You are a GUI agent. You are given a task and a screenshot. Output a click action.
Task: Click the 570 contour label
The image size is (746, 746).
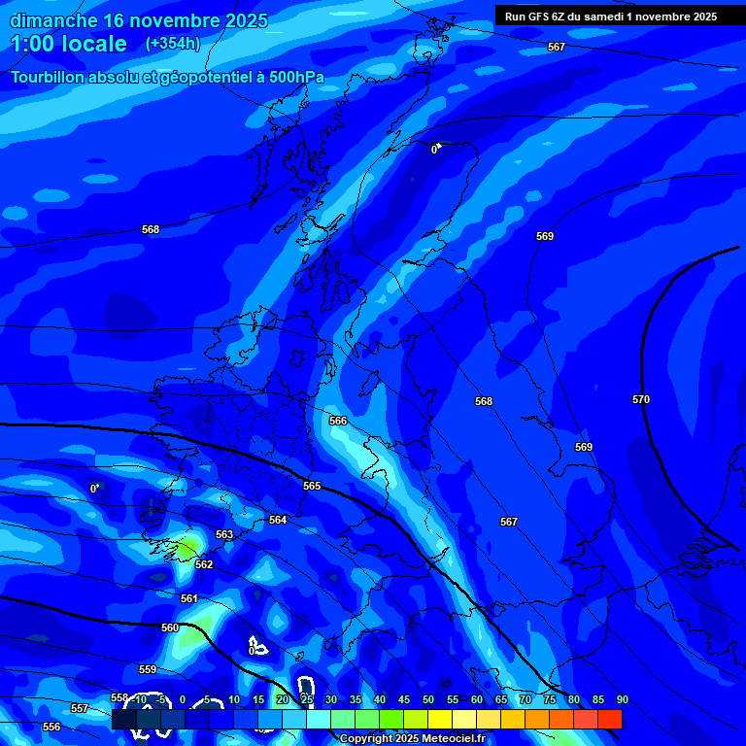pos(640,399)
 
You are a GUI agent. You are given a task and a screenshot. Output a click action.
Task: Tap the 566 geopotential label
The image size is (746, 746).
pos(338,421)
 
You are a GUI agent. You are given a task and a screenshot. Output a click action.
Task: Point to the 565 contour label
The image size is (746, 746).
pos(312,486)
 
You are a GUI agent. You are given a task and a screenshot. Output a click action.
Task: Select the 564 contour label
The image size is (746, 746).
pos(278,520)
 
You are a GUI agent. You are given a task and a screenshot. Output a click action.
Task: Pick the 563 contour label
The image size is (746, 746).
pos(224,534)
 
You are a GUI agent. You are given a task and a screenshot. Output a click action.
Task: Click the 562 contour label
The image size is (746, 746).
pos(204,564)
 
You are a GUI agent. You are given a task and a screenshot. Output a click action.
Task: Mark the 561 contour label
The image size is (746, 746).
pos(189,598)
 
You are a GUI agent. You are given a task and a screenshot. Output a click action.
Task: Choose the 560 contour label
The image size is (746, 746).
pos(170,627)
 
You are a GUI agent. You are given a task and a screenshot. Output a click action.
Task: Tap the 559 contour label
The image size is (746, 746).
pos(148,669)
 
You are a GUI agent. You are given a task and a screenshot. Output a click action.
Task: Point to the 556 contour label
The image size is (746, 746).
pos(51,727)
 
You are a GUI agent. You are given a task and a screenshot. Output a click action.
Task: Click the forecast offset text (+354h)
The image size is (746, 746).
pos(173,43)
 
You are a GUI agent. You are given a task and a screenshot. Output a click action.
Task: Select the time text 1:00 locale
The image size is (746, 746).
pos(69,44)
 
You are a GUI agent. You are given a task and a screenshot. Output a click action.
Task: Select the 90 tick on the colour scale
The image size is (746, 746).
pos(622,699)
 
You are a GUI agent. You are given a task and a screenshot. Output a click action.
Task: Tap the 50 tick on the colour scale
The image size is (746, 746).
pos(427,699)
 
